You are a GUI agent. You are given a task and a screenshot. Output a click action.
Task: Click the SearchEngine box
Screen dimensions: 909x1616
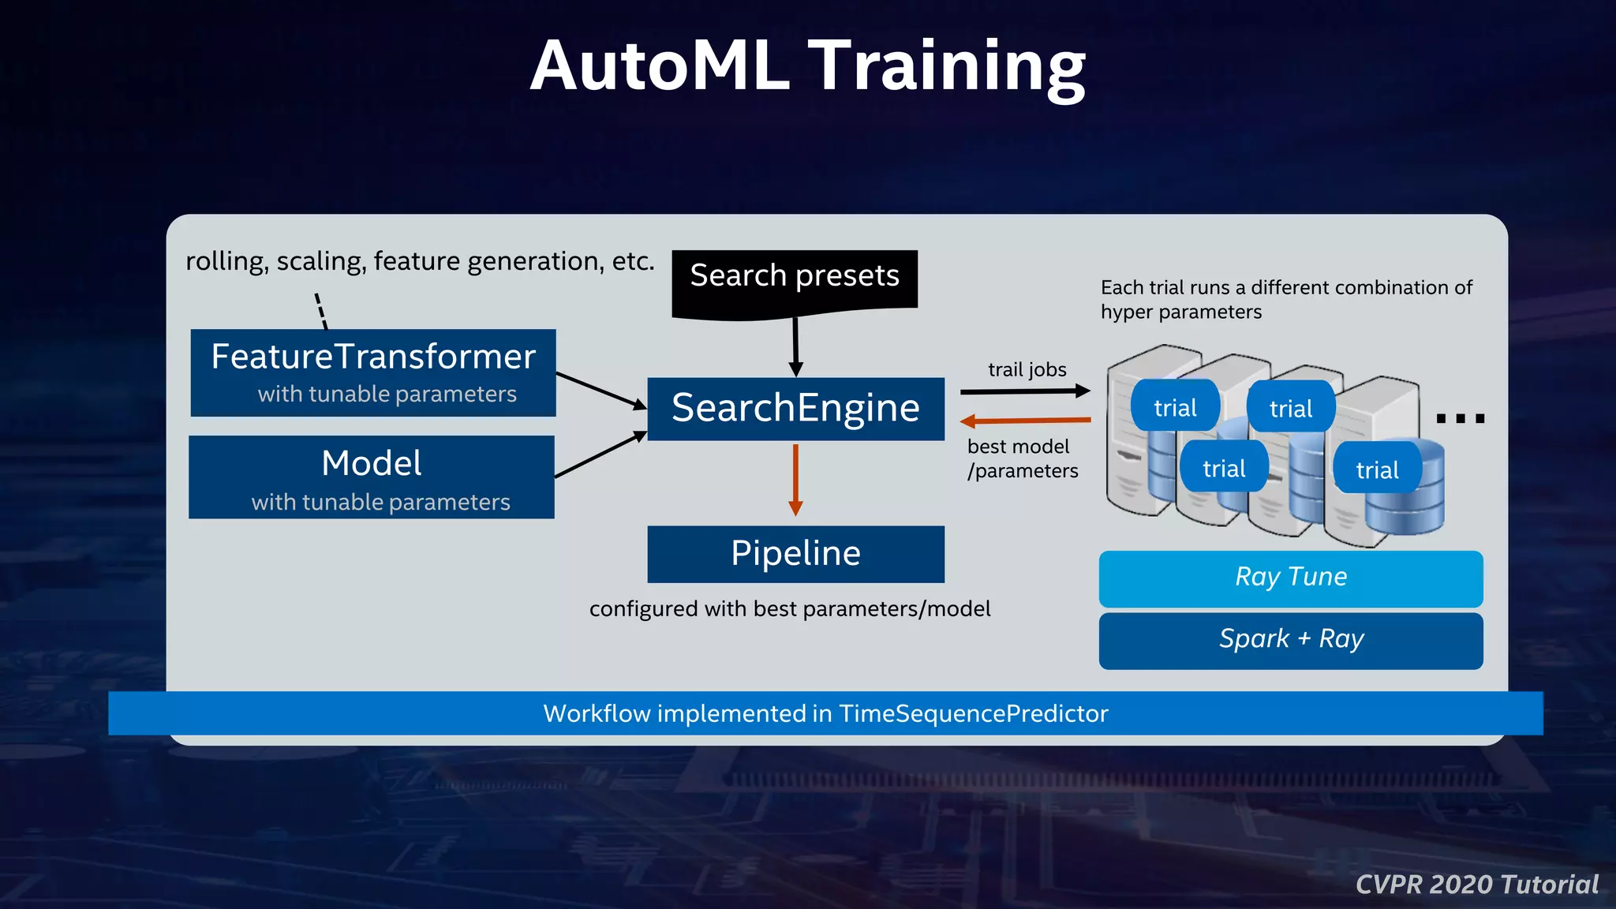(795, 409)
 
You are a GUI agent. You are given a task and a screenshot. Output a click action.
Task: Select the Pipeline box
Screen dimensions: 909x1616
(795, 554)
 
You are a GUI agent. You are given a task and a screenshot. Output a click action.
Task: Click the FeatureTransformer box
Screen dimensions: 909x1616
(373, 372)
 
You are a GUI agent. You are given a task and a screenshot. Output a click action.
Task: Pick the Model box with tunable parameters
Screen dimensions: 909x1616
(372, 477)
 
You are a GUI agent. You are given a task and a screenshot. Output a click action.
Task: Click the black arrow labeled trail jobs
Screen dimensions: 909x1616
(1025, 391)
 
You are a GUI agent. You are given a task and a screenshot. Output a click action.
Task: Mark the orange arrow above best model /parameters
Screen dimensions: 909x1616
(1025, 421)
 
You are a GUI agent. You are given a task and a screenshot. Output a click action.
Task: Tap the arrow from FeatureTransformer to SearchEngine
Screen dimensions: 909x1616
(600, 391)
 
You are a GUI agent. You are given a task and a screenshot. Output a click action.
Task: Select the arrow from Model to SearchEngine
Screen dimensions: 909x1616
(600, 455)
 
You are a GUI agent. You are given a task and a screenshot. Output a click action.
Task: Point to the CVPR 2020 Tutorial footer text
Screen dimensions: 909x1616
(1476, 885)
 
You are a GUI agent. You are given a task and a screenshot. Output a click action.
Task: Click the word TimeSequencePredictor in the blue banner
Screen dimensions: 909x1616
(973, 713)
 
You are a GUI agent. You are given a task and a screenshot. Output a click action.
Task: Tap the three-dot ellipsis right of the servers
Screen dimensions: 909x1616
(1460, 418)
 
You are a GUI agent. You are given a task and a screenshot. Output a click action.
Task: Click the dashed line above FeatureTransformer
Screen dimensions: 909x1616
(321, 311)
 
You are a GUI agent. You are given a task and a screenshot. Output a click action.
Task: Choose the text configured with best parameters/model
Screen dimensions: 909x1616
(790, 609)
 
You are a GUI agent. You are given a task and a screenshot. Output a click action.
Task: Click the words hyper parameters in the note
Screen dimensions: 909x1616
(1181, 312)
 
